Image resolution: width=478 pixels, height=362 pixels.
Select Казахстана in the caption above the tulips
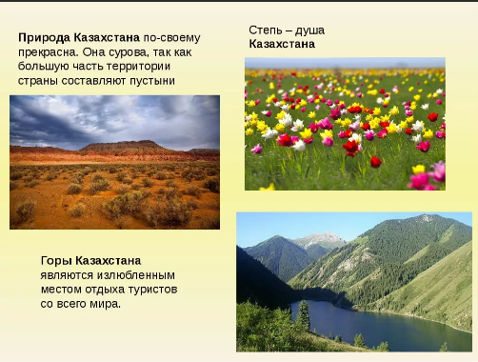[x=282, y=44]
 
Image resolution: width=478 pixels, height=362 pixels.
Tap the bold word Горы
[x=56, y=260]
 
